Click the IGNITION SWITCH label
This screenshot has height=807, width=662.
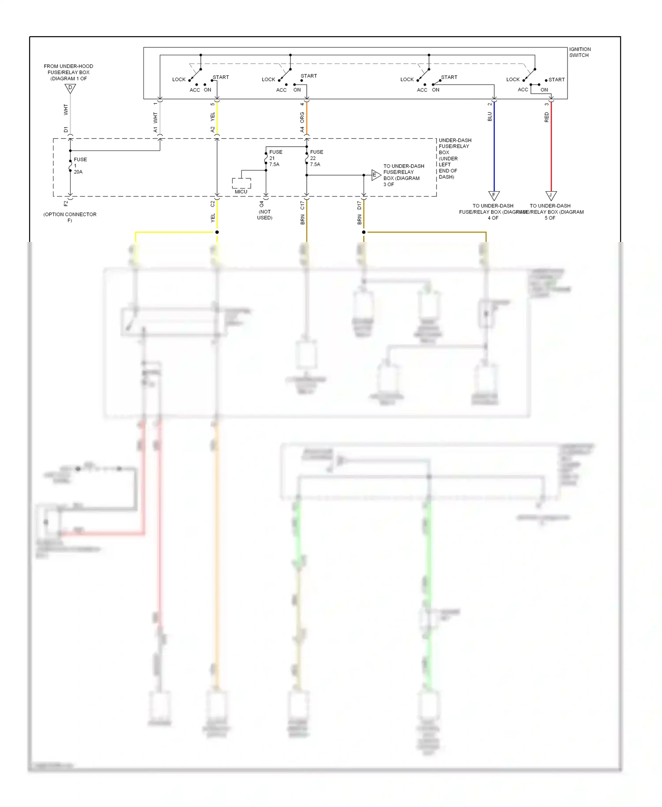point(579,52)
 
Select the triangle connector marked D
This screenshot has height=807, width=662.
point(70,88)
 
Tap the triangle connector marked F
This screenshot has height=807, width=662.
point(494,195)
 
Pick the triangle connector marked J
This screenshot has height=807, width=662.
point(551,195)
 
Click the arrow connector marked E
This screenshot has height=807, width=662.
point(376,175)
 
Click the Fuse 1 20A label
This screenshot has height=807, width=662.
point(80,166)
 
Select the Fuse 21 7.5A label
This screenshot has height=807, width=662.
point(275,158)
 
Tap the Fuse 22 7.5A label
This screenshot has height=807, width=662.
point(316,158)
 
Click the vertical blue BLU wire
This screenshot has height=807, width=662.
point(494,150)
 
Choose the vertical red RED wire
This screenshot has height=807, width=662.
point(551,150)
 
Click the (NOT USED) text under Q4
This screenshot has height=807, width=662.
point(265,215)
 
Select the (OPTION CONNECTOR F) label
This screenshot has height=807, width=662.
point(70,217)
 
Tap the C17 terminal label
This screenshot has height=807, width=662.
point(302,205)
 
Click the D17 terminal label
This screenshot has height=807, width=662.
point(359,205)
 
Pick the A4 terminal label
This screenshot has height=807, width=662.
point(302,129)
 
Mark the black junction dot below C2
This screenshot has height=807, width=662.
point(217,232)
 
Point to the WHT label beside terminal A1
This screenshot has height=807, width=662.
point(155,117)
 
